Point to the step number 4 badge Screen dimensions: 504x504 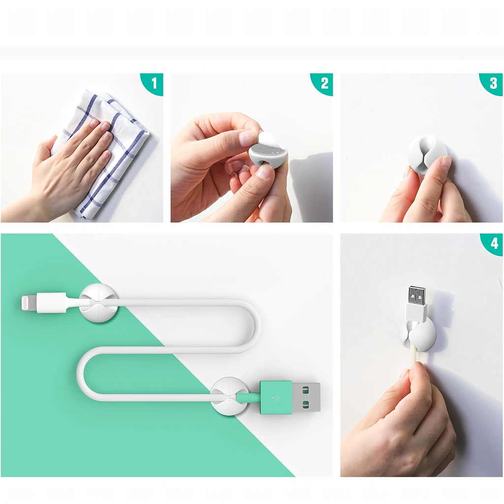(x=493, y=243)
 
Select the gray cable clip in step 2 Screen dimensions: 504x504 (x=268, y=154)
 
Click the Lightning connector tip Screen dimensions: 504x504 (x=25, y=303)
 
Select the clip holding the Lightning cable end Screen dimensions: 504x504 (x=98, y=303)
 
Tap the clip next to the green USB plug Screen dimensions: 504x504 (x=229, y=396)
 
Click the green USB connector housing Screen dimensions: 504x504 (x=276, y=397)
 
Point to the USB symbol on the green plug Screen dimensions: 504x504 (x=276, y=398)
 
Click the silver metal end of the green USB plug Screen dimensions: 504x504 (x=306, y=397)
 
